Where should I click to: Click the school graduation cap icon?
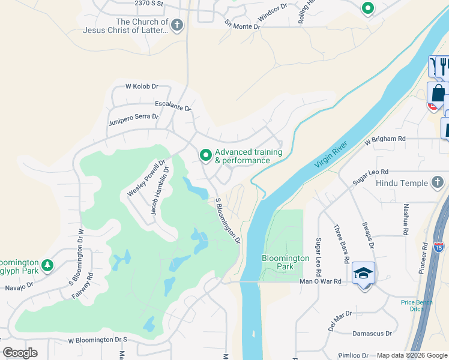pos(364,273)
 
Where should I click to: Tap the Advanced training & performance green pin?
pos(206,155)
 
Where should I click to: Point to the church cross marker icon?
pos(176,25)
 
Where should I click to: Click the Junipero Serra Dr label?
pos(133,119)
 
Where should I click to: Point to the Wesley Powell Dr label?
pos(146,179)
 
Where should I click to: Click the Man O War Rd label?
pos(320,281)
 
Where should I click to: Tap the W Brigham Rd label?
pos(385,139)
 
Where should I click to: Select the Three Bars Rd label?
pos(341,244)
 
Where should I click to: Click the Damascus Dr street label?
pos(372,333)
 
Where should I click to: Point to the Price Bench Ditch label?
pos(417,305)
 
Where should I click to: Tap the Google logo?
pos(20,352)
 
